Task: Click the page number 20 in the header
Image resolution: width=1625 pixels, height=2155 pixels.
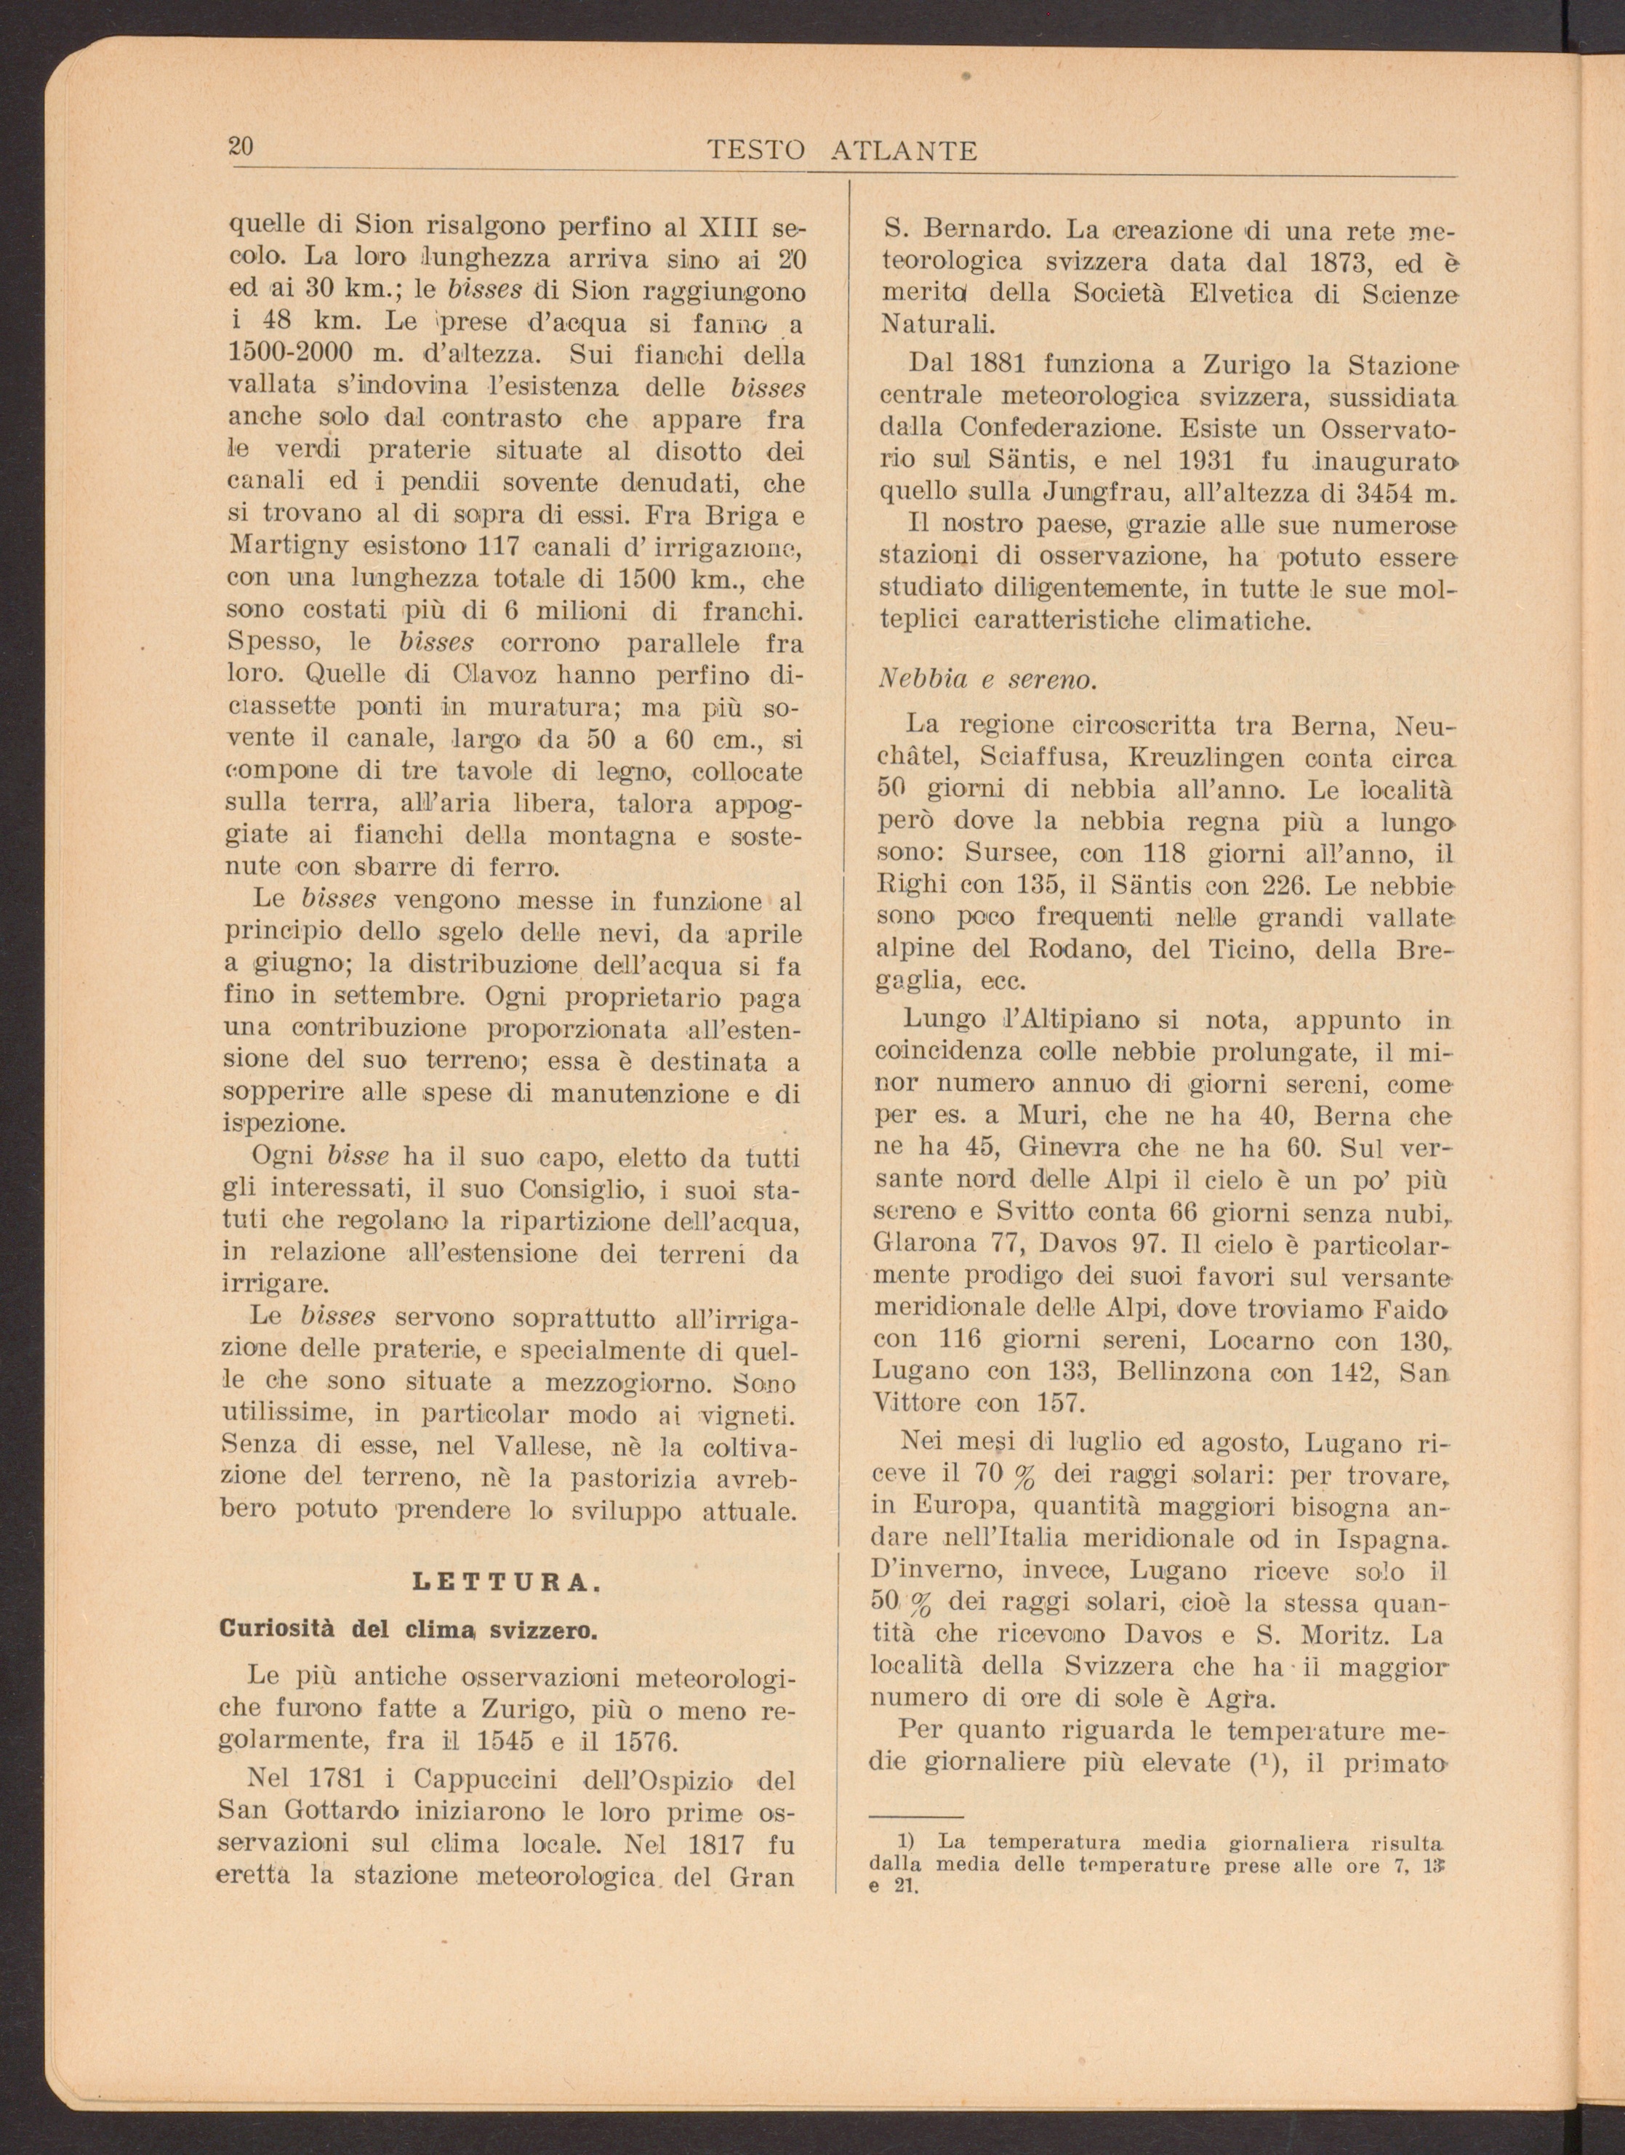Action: (x=241, y=147)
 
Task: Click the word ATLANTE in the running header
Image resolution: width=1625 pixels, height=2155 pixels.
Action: (x=905, y=151)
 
